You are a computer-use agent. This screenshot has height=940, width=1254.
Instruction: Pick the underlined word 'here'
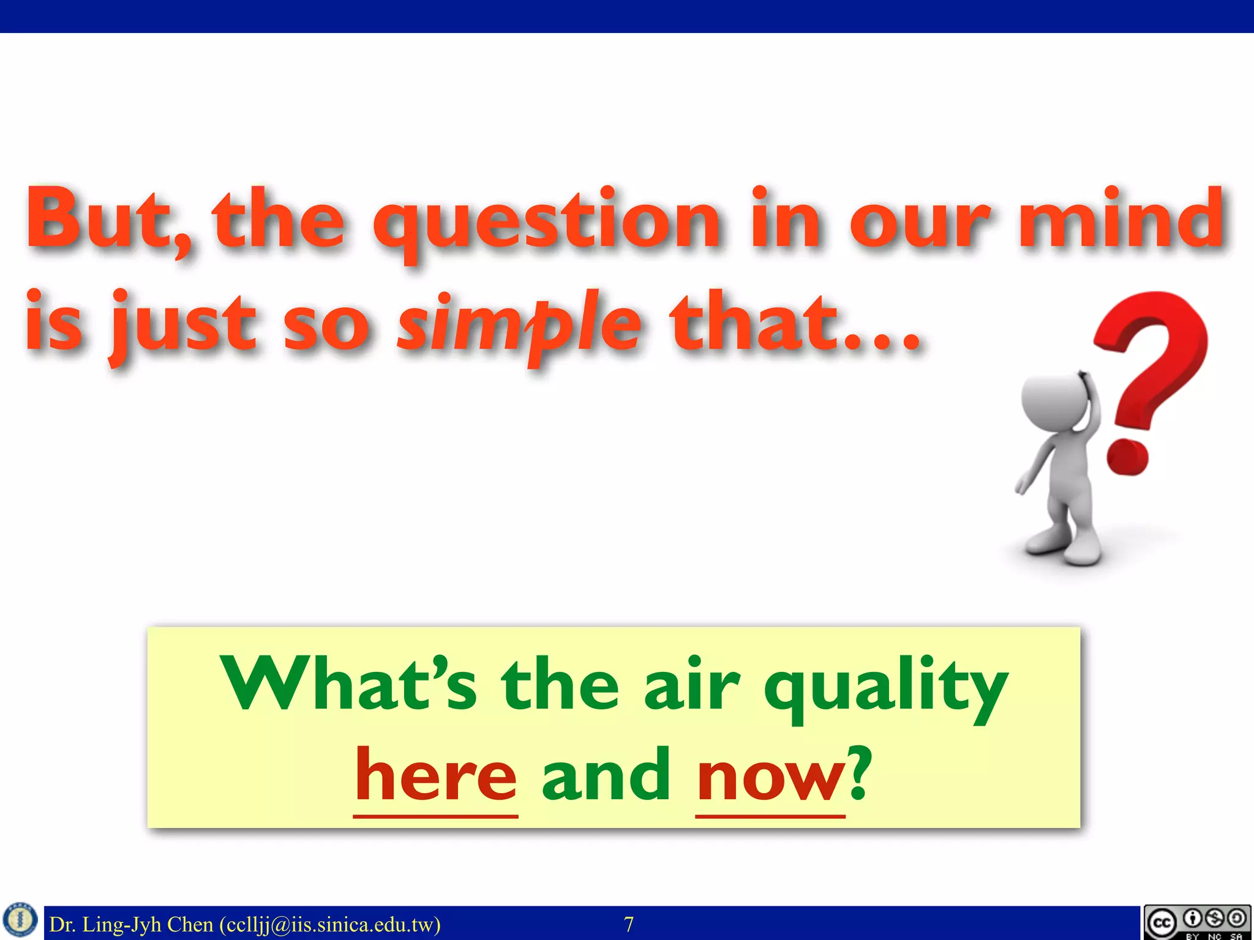click(x=436, y=776)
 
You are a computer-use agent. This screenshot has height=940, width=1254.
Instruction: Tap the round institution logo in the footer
click(x=21, y=921)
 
